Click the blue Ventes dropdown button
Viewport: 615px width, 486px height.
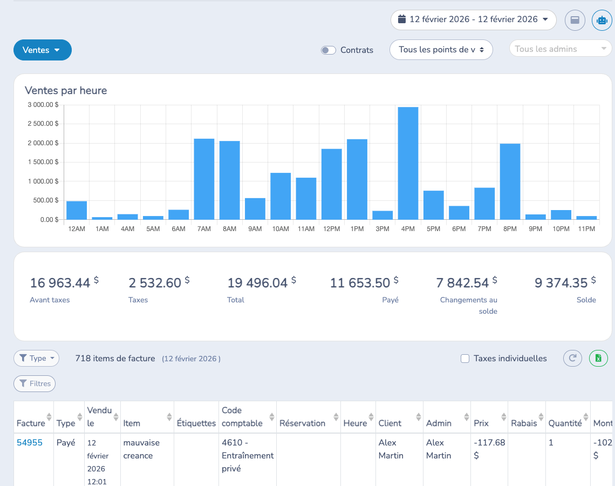43,50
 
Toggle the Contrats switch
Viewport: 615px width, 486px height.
329,50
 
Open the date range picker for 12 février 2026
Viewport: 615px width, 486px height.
474,19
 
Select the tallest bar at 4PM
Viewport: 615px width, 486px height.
408,163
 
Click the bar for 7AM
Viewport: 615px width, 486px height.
204,179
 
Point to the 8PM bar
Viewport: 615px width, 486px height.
510,181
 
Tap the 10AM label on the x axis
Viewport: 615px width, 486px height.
281,229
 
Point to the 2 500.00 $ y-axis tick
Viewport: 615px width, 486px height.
43,124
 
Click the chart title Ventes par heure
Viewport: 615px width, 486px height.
66,90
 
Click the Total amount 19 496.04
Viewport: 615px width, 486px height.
258,282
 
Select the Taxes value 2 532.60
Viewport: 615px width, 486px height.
155,282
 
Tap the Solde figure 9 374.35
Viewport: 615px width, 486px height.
561,282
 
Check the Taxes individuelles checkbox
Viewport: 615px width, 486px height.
465,359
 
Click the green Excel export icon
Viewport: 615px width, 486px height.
598,358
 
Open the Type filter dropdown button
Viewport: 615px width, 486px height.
37,358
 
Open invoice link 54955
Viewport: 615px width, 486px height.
30,442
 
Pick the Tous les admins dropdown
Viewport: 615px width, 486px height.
560,49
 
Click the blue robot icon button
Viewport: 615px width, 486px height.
602,20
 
